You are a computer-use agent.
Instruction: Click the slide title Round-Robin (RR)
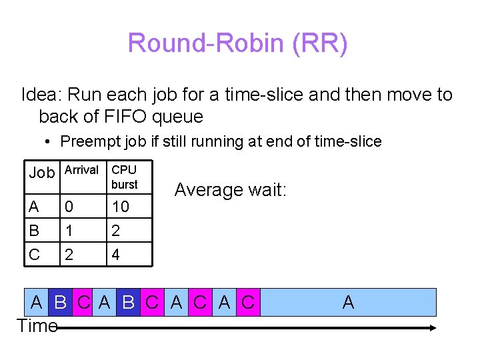(237, 44)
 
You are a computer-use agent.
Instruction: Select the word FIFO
(127, 117)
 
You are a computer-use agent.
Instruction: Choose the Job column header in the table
(41, 173)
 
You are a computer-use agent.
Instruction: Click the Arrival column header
(81, 171)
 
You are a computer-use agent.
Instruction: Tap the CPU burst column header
(125, 177)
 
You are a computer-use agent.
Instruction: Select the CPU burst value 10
(121, 207)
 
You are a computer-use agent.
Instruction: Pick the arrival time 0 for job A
(68, 207)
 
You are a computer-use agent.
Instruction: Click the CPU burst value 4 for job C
(116, 255)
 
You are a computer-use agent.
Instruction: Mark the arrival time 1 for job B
(67, 231)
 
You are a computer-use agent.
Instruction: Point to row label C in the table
(34, 255)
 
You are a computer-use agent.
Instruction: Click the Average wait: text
(230, 190)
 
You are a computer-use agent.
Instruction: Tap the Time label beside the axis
(36, 326)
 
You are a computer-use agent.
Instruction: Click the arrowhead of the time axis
(432, 327)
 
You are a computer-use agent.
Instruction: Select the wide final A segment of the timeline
(347, 302)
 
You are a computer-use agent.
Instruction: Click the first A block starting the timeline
(37, 302)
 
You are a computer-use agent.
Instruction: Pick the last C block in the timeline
(248, 302)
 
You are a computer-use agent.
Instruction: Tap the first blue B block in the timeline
(60, 302)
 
